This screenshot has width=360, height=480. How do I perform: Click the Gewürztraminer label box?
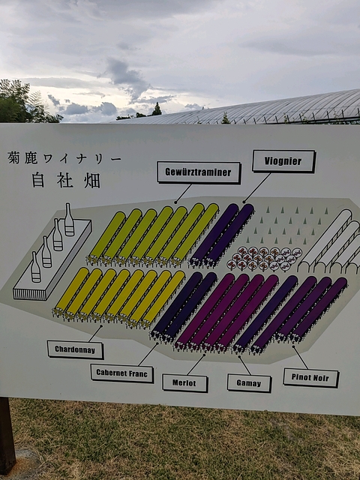(x=199, y=172)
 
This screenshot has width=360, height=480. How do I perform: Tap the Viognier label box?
(x=283, y=161)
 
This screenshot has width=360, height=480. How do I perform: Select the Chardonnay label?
(x=75, y=350)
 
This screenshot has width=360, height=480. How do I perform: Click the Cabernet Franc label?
(x=122, y=373)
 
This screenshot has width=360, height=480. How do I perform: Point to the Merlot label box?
(x=185, y=383)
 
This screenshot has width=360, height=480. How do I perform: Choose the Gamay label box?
(x=249, y=383)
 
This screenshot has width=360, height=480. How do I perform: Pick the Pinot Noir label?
(x=310, y=378)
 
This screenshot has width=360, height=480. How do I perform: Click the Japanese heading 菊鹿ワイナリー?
(x=64, y=158)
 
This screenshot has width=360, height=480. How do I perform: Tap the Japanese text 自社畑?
(x=66, y=180)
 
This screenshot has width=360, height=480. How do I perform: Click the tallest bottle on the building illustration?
(x=69, y=220)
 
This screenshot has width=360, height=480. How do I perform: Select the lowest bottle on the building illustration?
(x=35, y=267)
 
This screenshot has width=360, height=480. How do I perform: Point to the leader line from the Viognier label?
(x=257, y=188)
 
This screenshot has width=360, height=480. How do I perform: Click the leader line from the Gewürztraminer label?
(x=183, y=193)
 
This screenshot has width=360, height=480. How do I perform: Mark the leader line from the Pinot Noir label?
(x=300, y=357)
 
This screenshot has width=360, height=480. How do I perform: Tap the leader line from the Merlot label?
(x=196, y=364)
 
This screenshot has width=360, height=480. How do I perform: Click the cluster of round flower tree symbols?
(x=264, y=259)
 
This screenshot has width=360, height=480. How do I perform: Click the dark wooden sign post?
(x=7, y=435)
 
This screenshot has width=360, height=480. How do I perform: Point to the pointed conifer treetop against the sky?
(x=157, y=109)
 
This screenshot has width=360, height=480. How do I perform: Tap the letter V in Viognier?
(x=267, y=161)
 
